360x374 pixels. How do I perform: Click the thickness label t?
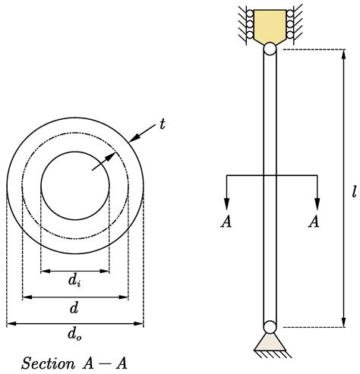point(162,123)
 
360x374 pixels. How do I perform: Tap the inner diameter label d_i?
point(74,281)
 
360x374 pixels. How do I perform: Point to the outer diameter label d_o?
point(74,334)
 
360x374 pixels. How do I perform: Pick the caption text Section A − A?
point(74,363)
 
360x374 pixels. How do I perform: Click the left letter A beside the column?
point(226,221)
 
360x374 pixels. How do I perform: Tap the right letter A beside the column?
point(314,221)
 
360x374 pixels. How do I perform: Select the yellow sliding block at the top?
point(270,26)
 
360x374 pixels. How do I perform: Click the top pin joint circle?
point(270,48)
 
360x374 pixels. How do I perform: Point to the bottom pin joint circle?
point(270,327)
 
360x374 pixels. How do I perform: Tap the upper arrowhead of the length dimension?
point(343,55)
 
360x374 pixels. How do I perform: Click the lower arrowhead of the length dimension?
point(343,322)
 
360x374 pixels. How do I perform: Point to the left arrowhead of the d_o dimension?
point(10,323)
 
